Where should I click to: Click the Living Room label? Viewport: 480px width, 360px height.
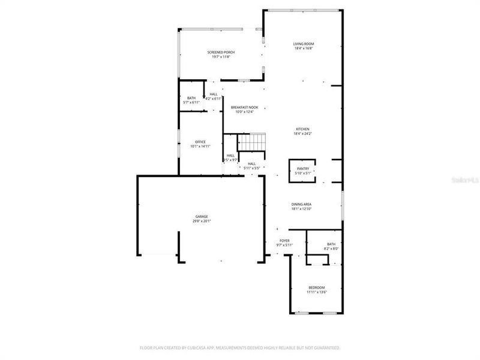pyautogui.click(x=304, y=44)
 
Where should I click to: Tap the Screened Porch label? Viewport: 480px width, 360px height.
pyautogui.click(x=221, y=52)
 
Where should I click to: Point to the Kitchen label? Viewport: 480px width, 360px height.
pyautogui.click(x=302, y=129)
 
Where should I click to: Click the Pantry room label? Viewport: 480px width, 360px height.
pyautogui.click(x=302, y=169)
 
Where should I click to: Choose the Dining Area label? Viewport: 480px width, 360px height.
pyautogui.click(x=302, y=204)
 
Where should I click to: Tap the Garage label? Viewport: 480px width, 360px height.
pyautogui.click(x=201, y=216)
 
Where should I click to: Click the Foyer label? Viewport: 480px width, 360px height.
pyautogui.click(x=284, y=241)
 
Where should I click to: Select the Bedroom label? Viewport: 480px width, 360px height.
pyautogui.click(x=317, y=288)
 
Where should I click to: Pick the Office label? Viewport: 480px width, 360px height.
pyautogui.click(x=200, y=142)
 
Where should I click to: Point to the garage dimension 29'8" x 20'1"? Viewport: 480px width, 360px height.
pyautogui.click(x=201, y=221)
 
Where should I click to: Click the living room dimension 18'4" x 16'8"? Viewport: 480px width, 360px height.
pyautogui.click(x=304, y=49)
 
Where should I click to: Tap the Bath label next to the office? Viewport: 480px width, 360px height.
pyautogui.click(x=191, y=98)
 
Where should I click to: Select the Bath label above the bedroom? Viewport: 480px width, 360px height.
pyautogui.click(x=331, y=244)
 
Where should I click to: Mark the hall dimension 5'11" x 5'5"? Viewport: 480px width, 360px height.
pyautogui.click(x=252, y=168)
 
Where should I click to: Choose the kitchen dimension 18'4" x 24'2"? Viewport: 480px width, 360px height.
pyautogui.click(x=302, y=133)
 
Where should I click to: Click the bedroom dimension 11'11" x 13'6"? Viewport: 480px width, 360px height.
pyautogui.click(x=317, y=292)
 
